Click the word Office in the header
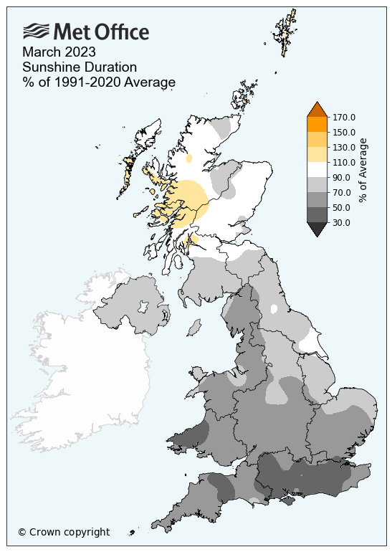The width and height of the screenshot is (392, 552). point(121,32)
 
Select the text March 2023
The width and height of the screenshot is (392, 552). point(59,53)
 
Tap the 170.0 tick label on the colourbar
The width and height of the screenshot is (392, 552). point(345,117)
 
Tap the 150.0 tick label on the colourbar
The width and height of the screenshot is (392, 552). point(345,132)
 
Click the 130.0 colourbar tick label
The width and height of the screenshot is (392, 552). point(345,147)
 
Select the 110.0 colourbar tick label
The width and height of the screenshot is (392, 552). point(345,162)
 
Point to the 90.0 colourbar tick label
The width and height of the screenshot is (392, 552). point(343,177)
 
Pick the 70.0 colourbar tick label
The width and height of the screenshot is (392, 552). point(343,192)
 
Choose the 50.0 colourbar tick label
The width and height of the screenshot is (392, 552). point(343,207)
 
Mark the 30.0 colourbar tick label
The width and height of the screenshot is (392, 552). point(343,222)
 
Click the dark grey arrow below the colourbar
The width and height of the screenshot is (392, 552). point(317,229)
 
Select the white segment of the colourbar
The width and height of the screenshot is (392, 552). point(317,169)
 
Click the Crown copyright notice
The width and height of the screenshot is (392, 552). point(64,532)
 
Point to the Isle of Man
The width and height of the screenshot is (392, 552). point(193,328)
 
